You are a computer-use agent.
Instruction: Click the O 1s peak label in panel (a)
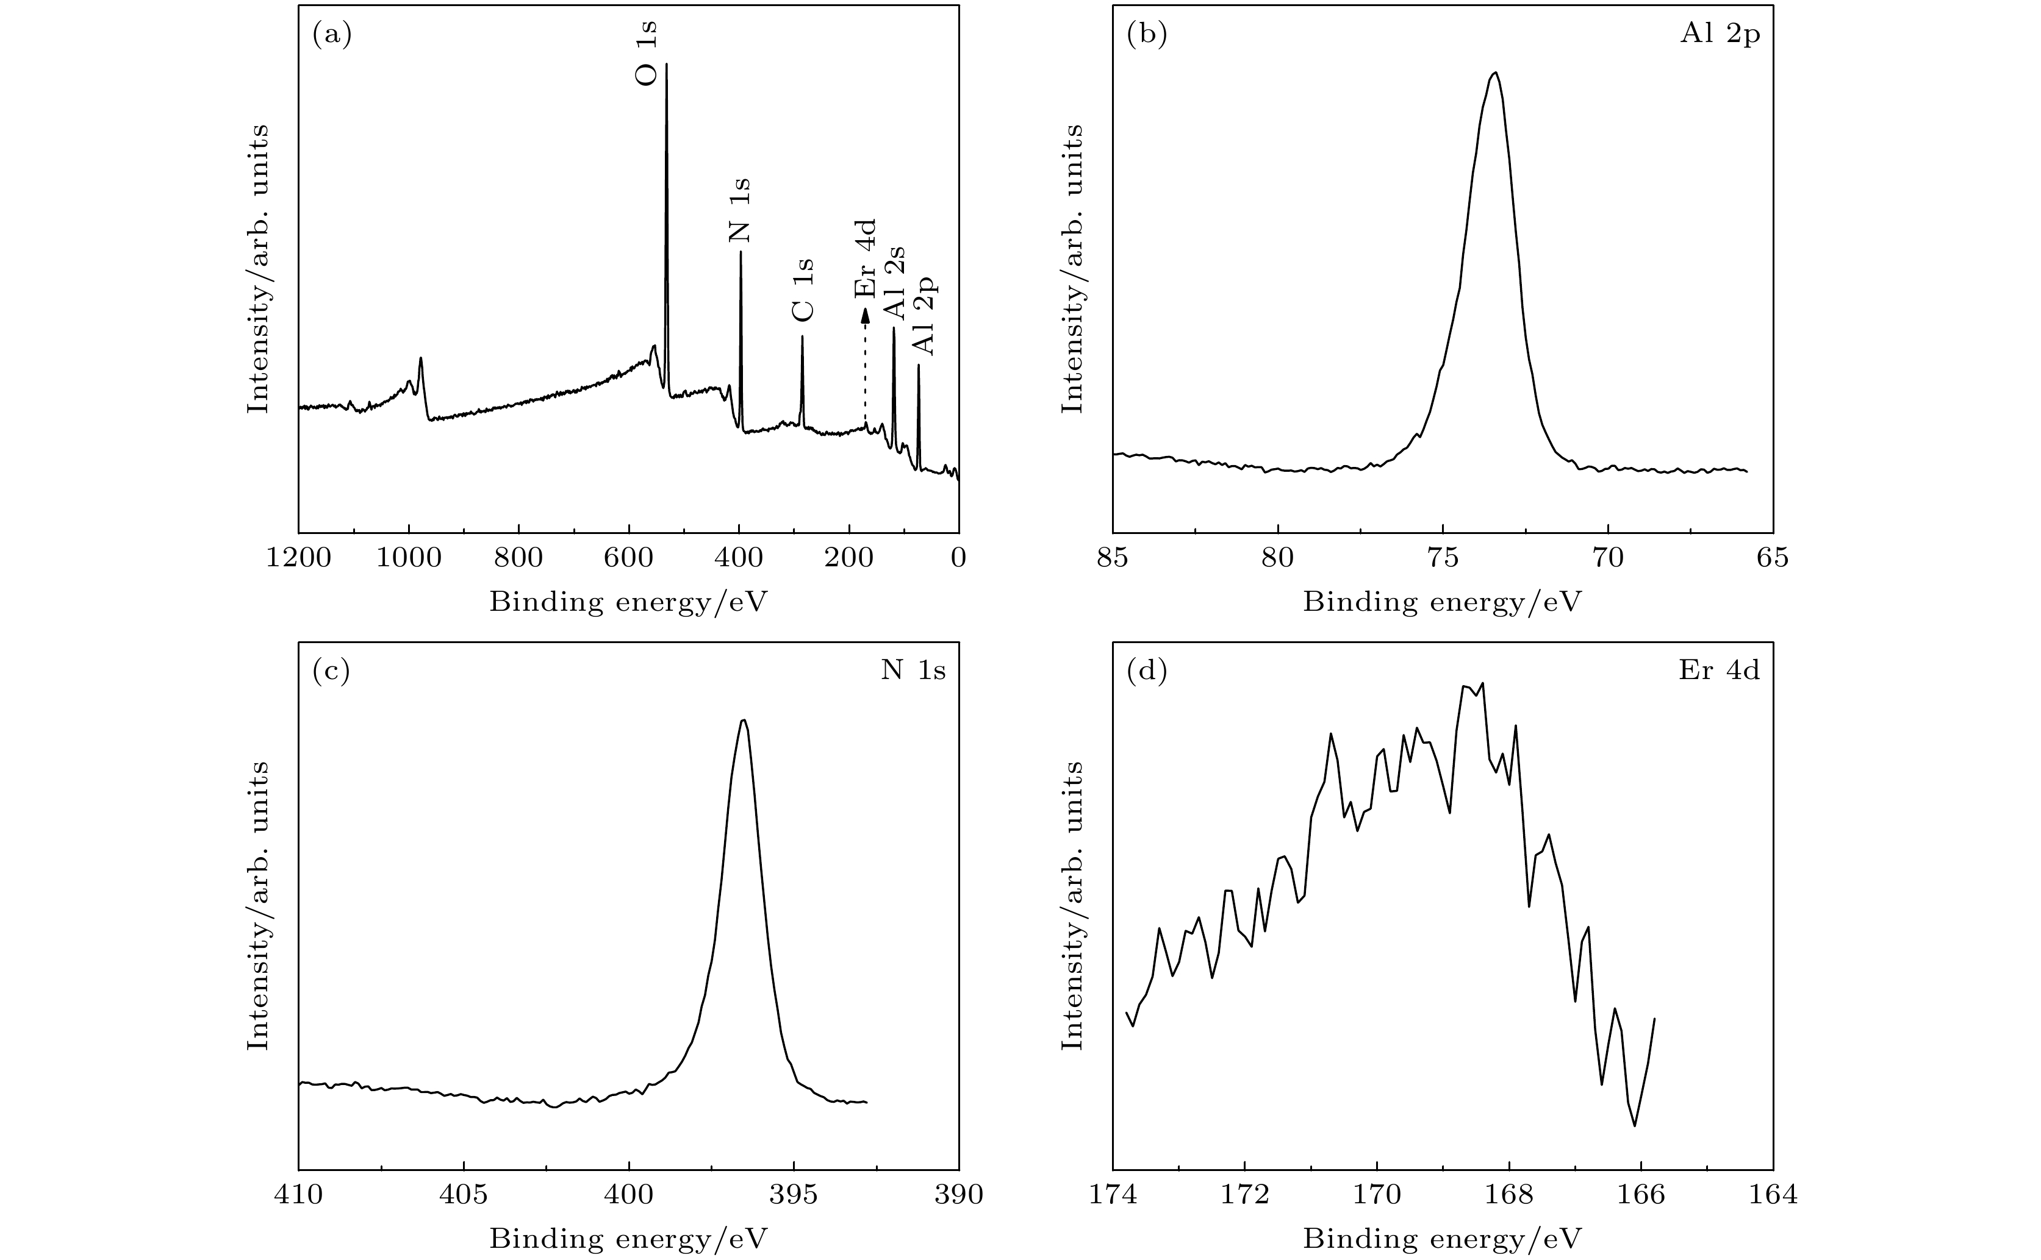[647, 52]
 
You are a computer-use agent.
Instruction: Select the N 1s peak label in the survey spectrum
[739, 210]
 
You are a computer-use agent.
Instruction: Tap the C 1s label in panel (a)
[802, 289]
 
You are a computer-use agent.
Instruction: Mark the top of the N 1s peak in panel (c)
[744, 721]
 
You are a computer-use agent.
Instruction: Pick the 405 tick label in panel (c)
[464, 1195]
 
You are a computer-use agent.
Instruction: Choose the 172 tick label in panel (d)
[1245, 1195]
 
